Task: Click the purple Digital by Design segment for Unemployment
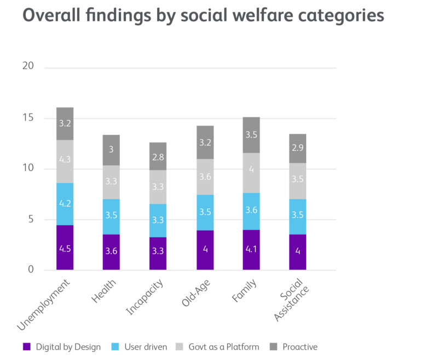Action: [65, 248]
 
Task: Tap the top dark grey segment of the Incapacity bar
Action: [158, 156]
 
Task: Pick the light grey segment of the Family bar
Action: [251, 173]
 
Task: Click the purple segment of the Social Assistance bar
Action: [297, 252]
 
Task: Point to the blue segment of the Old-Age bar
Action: [204, 213]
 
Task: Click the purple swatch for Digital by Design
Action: [26, 346]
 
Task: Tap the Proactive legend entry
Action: [299, 346]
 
